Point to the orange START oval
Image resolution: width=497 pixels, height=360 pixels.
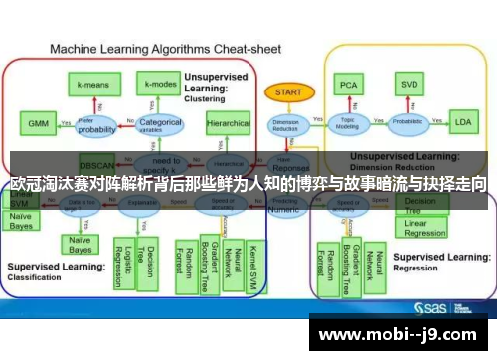288,92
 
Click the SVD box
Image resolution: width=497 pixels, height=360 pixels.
408,86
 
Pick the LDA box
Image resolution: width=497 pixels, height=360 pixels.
462,123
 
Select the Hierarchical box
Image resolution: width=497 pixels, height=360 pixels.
229,124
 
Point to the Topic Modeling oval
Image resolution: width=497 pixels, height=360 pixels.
348,124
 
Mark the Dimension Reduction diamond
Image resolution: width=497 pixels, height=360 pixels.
285,125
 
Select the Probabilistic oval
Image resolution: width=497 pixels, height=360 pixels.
408,124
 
